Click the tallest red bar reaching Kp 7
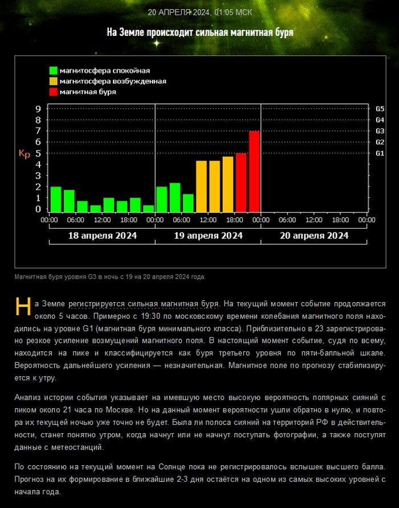(x=254, y=170)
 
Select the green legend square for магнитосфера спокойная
(x=54, y=71)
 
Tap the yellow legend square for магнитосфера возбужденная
(x=54, y=81)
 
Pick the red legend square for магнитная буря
(x=54, y=91)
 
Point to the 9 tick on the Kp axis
(x=38, y=109)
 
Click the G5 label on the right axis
(x=380, y=109)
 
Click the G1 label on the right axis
(x=380, y=153)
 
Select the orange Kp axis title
(x=25, y=153)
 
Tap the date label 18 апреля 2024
(x=102, y=235)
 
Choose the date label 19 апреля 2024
(x=208, y=235)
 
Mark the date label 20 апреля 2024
(x=314, y=235)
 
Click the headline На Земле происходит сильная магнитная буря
(x=199, y=32)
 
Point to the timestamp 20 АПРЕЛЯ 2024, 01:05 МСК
(x=199, y=12)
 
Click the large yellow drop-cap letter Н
(x=23, y=306)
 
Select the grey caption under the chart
(x=110, y=277)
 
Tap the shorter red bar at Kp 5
(x=241, y=182)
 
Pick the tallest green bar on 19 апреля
(x=175, y=197)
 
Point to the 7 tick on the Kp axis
(x=38, y=131)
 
